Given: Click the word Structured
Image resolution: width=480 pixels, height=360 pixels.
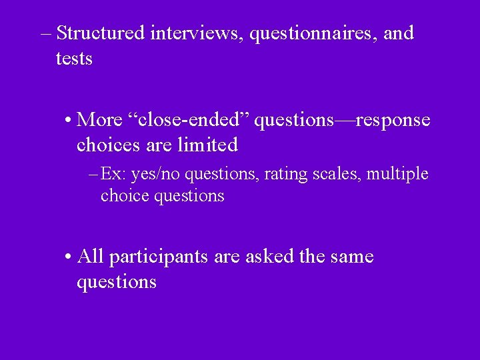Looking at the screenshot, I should click(101, 33).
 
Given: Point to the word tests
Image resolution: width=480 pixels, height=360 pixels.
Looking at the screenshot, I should click(74, 59).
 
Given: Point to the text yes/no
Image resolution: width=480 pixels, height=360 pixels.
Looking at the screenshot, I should click(156, 175).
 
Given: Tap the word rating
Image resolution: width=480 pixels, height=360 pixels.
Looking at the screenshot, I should click(283, 175).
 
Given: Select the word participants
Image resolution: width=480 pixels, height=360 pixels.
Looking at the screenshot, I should click(159, 257).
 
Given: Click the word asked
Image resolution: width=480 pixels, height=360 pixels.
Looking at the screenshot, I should click(271, 257).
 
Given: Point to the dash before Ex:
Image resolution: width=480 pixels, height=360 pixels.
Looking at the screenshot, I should click(93, 175).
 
